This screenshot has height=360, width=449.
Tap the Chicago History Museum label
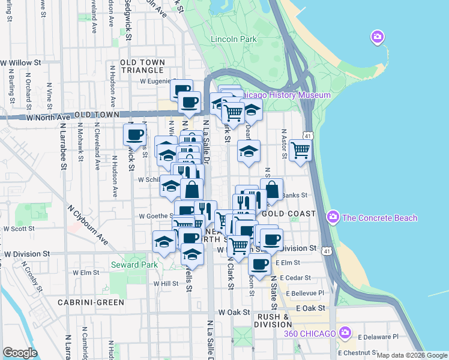(287, 95)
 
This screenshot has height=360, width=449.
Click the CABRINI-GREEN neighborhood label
(90, 302)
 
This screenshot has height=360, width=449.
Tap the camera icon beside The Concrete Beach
(332, 217)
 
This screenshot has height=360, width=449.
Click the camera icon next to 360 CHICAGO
(345, 332)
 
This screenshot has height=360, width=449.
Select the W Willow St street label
(20, 62)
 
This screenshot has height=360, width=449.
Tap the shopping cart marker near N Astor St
(300, 150)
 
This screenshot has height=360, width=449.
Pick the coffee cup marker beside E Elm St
(259, 263)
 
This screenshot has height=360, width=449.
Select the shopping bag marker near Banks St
(271, 189)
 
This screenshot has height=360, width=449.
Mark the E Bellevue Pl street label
(305, 293)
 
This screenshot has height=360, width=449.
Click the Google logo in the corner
(20, 353)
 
